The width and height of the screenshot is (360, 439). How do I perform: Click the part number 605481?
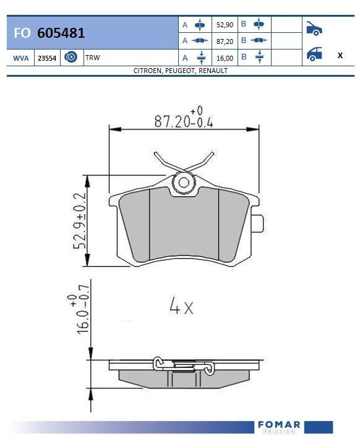click(61, 33)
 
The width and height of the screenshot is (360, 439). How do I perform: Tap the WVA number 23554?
click(47, 58)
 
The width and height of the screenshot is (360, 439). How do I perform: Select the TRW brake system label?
click(93, 58)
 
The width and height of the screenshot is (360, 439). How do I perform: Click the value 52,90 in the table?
click(224, 25)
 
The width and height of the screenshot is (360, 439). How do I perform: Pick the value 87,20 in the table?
click(224, 41)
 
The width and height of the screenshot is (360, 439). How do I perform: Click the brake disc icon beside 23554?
click(71, 58)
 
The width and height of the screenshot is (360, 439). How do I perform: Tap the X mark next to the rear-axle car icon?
click(340, 55)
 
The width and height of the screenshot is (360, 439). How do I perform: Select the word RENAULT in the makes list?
click(213, 71)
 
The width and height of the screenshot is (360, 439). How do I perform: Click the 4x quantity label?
click(181, 306)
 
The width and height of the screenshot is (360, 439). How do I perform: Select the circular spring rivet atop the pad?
click(183, 183)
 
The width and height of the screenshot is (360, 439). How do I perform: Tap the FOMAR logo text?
click(278, 425)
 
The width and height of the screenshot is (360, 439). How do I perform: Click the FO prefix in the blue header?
click(22, 33)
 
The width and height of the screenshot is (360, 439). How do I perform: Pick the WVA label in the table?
click(20, 58)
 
